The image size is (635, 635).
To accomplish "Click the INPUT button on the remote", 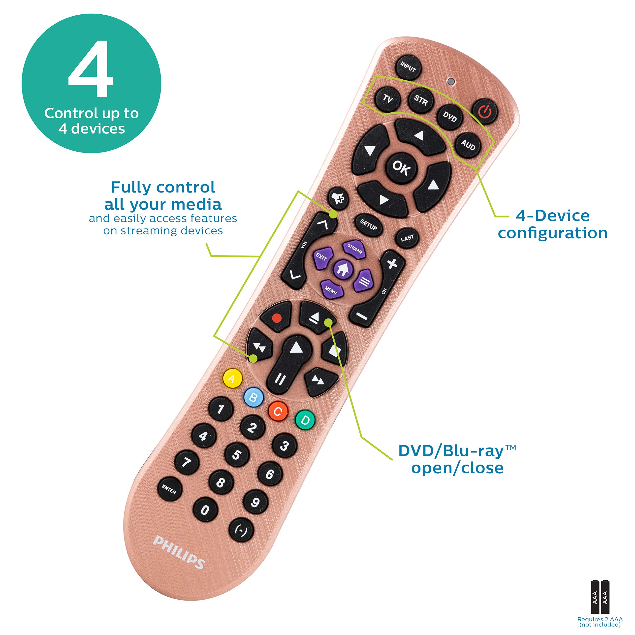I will [408, 67].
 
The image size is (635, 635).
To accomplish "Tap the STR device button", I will [421, 100].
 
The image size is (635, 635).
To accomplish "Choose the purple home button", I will [343, 270].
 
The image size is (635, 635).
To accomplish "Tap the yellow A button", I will [232, 379].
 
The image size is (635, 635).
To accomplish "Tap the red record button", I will [277, 318].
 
